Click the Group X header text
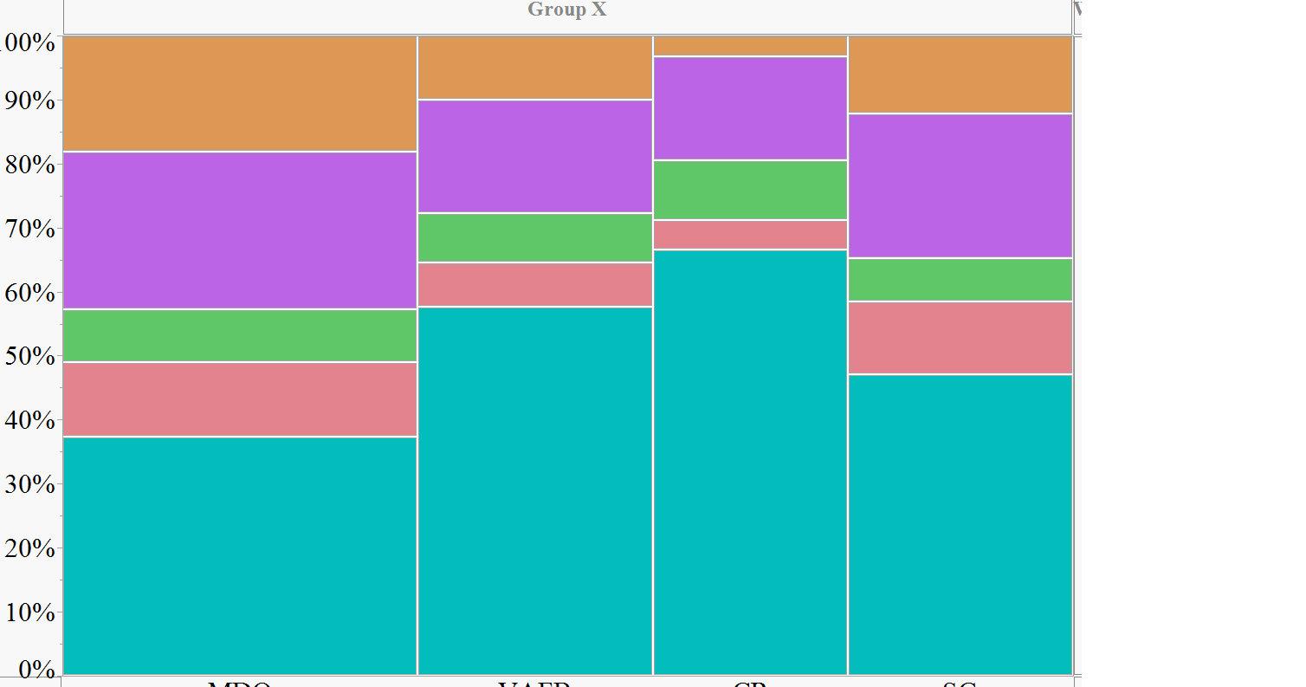click(567, 10)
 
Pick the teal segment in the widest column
click(240, 554)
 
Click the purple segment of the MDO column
click(240, 230)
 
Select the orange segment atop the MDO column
click(240, 94)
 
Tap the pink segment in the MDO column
click(240, 399)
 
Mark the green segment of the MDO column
click(240, 335)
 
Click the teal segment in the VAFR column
click(535, 489)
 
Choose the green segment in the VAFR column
click(535, 237)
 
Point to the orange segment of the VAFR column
click(535, 68)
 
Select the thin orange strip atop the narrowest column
click(750, 46)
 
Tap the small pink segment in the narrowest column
click(750, 235)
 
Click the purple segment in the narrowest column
click(750, 108)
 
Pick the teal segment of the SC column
click(960, 524)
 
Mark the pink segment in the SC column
click(960, 338)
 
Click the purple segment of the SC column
click(960, 185)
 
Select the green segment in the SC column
click(960, 280)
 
